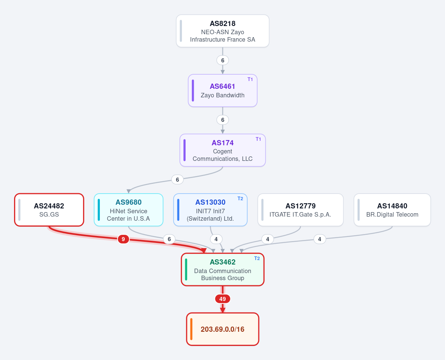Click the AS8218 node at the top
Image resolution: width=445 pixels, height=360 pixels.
[223, 31]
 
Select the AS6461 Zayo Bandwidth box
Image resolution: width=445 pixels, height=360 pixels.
[223, 91]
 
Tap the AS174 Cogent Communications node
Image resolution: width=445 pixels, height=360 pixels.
[223, 150]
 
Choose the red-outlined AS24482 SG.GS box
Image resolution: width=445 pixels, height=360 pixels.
[49, 210]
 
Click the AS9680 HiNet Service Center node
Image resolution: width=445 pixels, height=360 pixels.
[128, 210]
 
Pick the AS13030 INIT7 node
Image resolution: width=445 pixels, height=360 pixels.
[210, 210]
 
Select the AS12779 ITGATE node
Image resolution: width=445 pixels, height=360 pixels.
[301, 210]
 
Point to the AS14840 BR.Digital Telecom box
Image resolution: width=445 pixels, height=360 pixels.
[392, 210]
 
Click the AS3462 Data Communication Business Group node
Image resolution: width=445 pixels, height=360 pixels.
[223, 270]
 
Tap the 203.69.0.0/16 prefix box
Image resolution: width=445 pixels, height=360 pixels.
[223, 329]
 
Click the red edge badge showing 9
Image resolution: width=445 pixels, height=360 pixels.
[123, 239]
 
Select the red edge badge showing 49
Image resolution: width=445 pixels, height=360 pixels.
[223, 299]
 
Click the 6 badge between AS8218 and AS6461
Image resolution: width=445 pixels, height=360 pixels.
[223, 60]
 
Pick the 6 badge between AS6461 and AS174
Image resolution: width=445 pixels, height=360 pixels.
[223, 120]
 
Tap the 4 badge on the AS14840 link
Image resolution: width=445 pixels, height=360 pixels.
[320, 239]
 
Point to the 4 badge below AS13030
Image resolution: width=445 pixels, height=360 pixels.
[216, 239]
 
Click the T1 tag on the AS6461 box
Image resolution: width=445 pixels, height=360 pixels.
[250, 80]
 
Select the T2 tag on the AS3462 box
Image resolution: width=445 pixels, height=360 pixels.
[257, 259]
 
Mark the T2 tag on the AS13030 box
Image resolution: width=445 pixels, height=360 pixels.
[240, 199]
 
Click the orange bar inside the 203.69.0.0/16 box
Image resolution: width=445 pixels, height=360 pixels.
[191, 329]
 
